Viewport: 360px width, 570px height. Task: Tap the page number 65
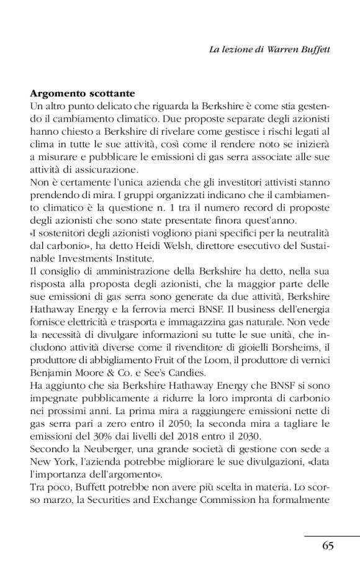pos(328,546)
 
